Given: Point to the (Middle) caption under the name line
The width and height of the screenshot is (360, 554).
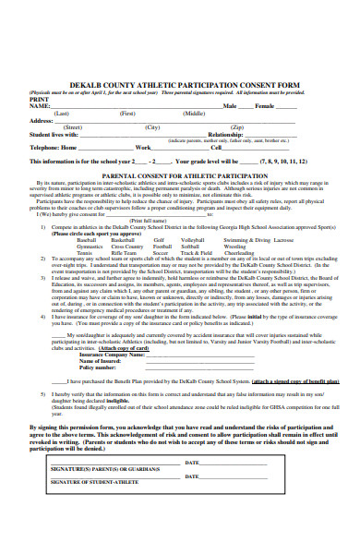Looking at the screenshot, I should tap(194, 113).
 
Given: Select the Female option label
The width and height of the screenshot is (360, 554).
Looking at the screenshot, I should tap(267, 106).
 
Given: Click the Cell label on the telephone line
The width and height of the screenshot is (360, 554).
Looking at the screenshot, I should tap(216, 147).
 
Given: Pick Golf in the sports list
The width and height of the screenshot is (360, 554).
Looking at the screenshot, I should tap(159, 239).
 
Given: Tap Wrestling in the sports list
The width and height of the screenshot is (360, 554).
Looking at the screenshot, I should tap(235, 247).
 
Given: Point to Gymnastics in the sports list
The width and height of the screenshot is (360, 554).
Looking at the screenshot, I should tap(90, 247).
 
